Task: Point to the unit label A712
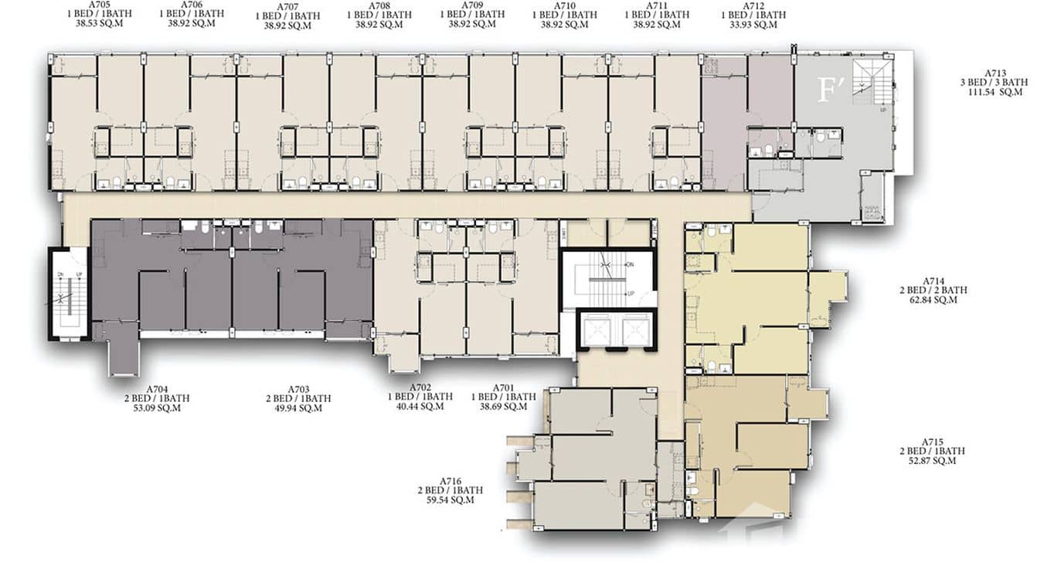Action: (x=753, y=5)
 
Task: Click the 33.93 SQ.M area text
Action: (x=753, y=25)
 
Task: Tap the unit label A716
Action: (x=450, y=480)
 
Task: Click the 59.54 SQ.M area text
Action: (x=450, y=500)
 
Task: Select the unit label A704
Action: (x=157, y=389)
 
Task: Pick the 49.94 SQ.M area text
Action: (x=298, y=408)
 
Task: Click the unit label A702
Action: (x=420, y=387)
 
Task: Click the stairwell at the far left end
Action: (x=69, y=293)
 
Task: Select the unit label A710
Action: (x=564, y=5)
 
